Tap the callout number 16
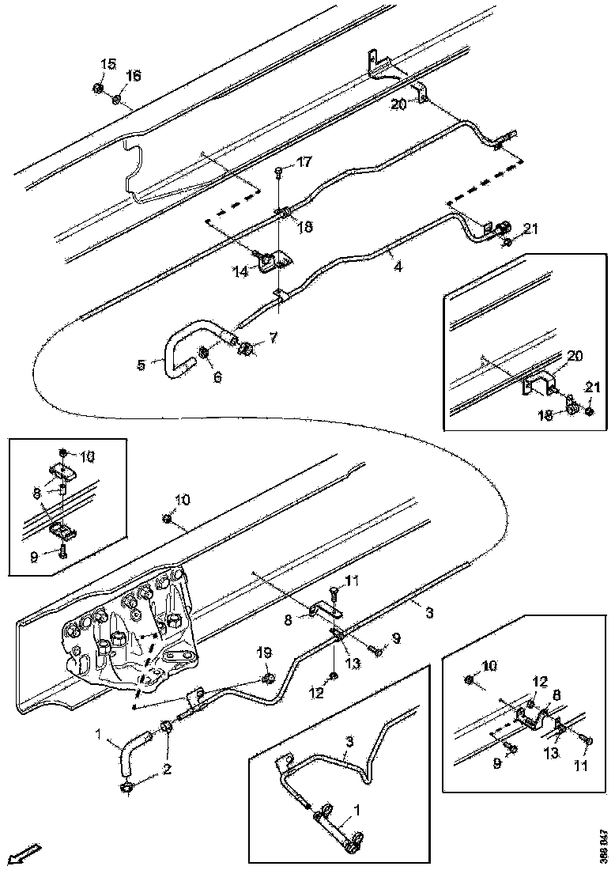[x=133, y=76]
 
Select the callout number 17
[x=304, y=163]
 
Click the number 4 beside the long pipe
[x=398, y=267]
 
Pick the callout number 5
[x=141, y=365]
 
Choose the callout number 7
[x=273, y=339]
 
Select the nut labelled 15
[x=96, y=87]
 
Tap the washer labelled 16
[x=116, y=100]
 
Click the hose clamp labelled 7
[x=247, y=347]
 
